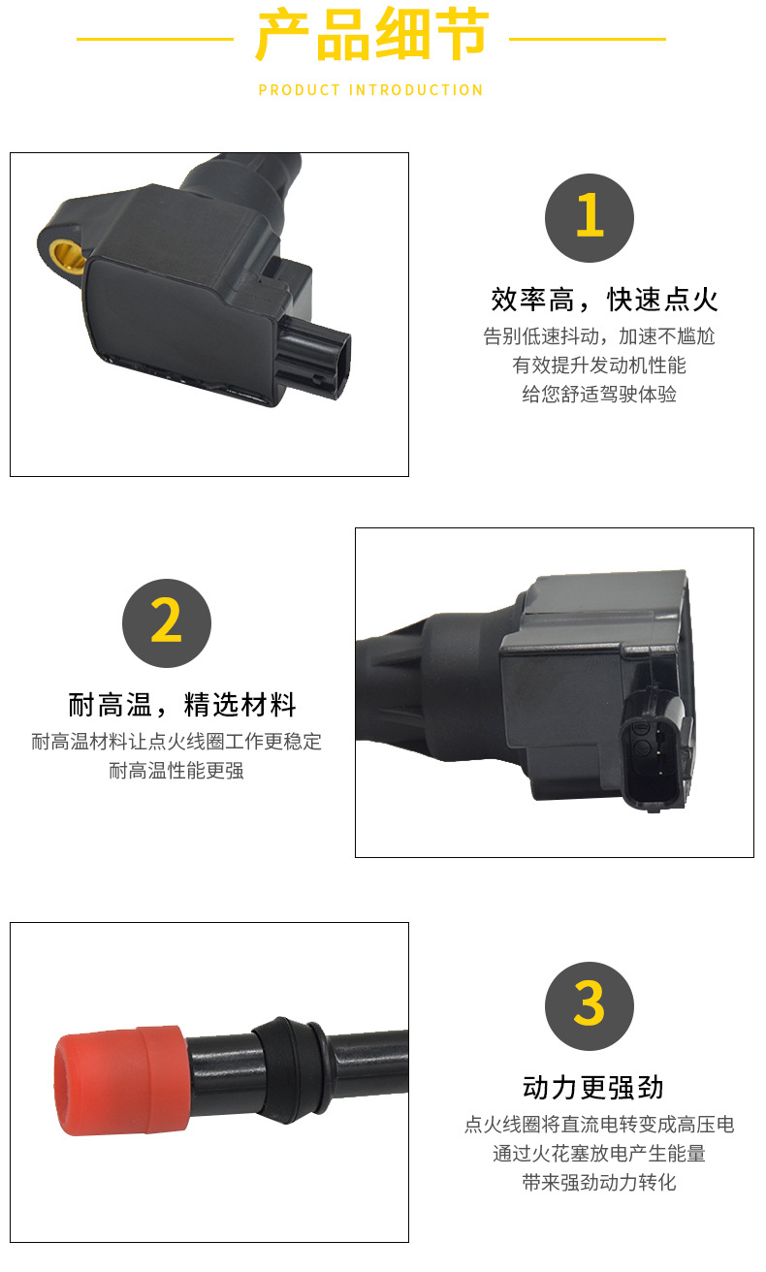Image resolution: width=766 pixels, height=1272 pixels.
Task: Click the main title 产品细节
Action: (x=372, y=34)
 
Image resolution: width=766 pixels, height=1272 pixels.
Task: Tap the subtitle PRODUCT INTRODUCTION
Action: (x=370, y=90)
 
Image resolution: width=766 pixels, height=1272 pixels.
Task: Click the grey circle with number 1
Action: (x=589, y=218)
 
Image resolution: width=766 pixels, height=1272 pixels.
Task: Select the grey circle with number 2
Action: (x=167, y=623)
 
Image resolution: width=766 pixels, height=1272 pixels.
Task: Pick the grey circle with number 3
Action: (x=589, y=1005)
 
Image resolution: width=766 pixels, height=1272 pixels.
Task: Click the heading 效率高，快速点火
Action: (x=604, y=300)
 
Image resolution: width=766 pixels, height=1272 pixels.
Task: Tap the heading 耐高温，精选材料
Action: (x=181, y=705)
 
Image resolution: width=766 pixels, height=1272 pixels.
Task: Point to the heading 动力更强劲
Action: (x=592, y=1088)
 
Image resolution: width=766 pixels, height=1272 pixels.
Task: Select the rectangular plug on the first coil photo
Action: (x=314, y=359)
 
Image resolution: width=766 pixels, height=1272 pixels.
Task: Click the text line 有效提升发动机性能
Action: (x=599, y=366)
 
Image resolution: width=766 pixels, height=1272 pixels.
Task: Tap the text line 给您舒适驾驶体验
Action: (x=599, y=394)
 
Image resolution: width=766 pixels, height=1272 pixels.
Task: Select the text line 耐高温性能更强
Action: (x=176, y=771)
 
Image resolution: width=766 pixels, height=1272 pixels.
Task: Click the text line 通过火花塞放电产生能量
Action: (x=599, y=1154)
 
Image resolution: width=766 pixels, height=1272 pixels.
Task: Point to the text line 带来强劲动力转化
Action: (x=599, y=1182)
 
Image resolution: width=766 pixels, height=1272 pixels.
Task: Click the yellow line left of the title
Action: (x=155, y=39)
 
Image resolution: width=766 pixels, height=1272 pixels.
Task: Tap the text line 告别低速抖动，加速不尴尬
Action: (x=599, y=336)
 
